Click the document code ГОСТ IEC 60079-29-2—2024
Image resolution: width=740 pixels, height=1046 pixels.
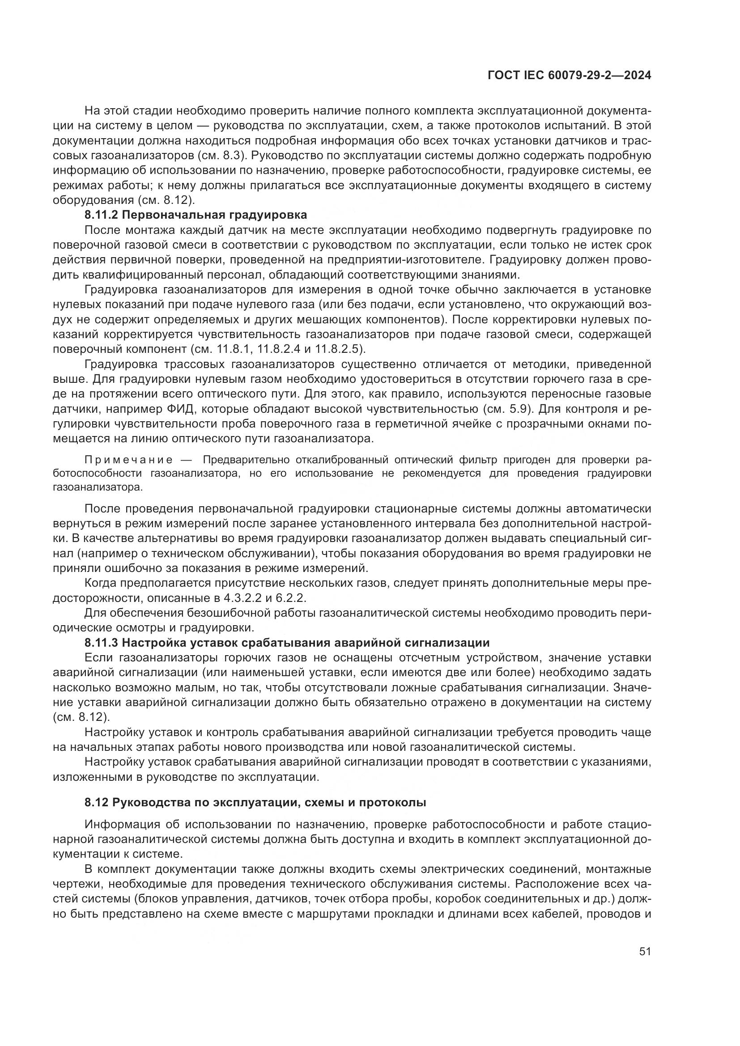click(569, 76)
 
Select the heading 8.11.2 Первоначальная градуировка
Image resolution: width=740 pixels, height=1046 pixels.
click(196, 215)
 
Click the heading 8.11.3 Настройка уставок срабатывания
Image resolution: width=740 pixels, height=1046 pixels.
click(287, 643)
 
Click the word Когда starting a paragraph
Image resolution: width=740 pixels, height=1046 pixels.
click(101, 583)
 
